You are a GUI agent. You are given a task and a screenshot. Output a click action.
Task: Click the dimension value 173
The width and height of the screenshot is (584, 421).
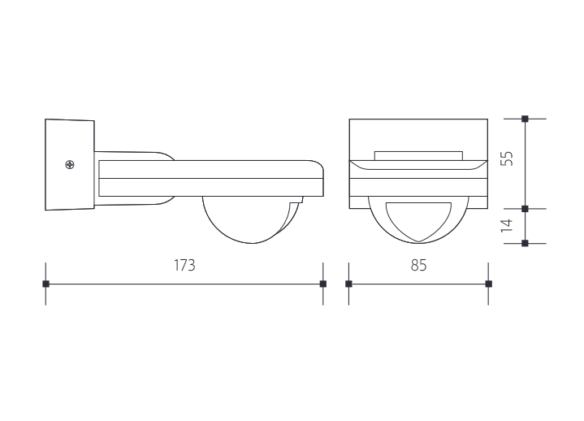[x=185, y=266]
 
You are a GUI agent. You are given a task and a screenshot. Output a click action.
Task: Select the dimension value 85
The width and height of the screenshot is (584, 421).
[x=418, y=266]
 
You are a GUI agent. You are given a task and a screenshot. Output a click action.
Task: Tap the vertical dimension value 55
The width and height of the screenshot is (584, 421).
[x=507, y=158]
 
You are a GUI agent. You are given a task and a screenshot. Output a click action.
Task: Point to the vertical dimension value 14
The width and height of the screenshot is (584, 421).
[x=507, y=225]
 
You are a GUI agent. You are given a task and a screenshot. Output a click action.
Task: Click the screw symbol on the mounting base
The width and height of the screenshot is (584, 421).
[x=71, y=166]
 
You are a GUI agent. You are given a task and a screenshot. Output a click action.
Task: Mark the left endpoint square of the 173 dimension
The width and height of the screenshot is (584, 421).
[x=45, y=284]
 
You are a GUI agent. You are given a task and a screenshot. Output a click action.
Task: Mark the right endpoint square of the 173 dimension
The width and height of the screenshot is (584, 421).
[x=323, y=284]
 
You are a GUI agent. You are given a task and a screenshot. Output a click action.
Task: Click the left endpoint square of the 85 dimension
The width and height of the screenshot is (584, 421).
[x=348, y=284]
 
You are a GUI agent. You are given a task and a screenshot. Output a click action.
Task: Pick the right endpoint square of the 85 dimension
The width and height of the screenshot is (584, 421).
[x=488, y=284]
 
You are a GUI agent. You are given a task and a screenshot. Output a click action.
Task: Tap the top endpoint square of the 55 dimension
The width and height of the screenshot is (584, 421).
[x=525, y=119]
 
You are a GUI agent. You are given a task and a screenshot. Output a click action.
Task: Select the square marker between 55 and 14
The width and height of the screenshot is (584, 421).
[x=525, y=209]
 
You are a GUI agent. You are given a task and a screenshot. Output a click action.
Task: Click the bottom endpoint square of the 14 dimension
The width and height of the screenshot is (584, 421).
[x=525, y=243]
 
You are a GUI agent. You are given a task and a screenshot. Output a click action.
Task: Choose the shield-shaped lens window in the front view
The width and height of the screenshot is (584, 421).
[x=418, y=219]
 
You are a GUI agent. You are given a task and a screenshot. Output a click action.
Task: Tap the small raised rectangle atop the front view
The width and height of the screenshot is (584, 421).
[x=418, y=154]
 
